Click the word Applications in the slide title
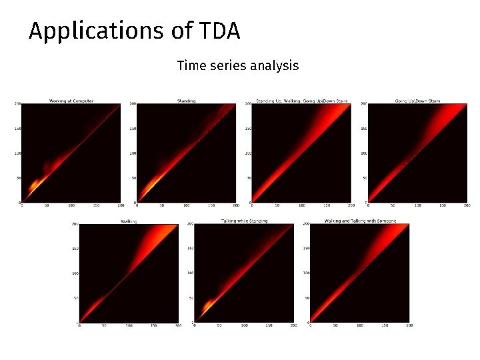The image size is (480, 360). (x=102, y=32)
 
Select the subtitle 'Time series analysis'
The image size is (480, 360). (x=238, y=65)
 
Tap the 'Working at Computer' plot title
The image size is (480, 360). (x=71, y=101)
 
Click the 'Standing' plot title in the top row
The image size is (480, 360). (x=187, y=101)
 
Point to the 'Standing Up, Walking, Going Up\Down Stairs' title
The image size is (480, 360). (x=301, y=101)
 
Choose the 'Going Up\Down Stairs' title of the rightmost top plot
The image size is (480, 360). (x=417, y=101)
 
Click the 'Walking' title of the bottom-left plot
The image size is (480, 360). (x=129, y=221)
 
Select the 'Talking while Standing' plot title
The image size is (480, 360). (x=244, y=221)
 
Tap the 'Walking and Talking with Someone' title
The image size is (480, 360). (x=360, y=221)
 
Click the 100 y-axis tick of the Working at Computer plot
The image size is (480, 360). (x=18, y=153)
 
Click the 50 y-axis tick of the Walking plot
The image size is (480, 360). (x=75, y=299)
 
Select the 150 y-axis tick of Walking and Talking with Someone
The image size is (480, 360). (x=305, y=249)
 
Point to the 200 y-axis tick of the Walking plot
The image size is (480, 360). (x=75, y=224)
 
